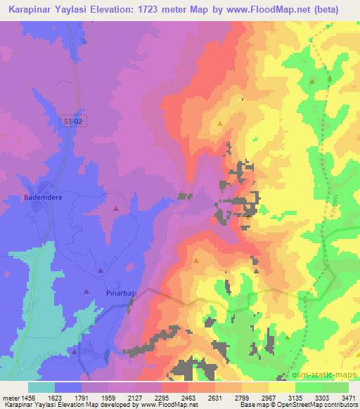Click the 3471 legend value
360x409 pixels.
345,397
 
